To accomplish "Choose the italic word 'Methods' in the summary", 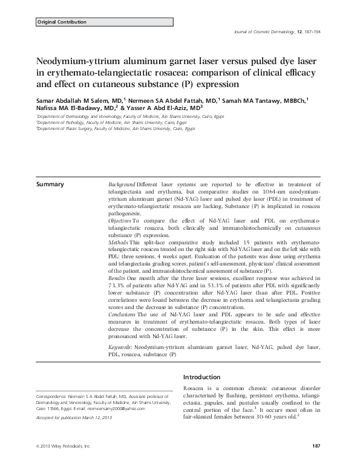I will (x=117, y=242).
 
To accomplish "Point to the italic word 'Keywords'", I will (x=120, y=348).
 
